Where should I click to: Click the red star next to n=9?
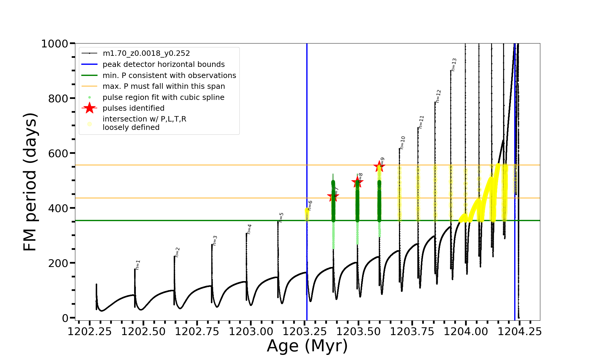[x=379, y=166]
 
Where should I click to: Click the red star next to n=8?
[x=357, y=182]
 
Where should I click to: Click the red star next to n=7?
[x=333, y=197]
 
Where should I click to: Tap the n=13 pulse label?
[x=454, y=64]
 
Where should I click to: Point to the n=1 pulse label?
[x=138, y=265]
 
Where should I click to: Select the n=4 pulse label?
[x=249, y=229]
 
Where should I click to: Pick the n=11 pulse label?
[x=421, y=122]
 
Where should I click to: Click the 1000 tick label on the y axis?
[x=55, y=44]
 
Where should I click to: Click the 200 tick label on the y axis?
[x=58, y=263]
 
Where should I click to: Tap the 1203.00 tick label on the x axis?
[x=251, y=331]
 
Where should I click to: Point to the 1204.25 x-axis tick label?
[x=520, y=331]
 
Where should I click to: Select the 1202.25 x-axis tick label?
[x=89, y=331]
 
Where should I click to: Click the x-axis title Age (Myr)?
[x=307, y=346]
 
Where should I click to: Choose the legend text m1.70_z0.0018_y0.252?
[x=146, y=53]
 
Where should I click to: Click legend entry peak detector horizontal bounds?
[x=163, y=64]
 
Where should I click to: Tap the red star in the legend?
[x=89, y=108]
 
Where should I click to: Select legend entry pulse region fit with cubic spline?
[x=163, y=97]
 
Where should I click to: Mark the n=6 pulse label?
[x=310, y=205]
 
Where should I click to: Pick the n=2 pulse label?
[x=177, y=252]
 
